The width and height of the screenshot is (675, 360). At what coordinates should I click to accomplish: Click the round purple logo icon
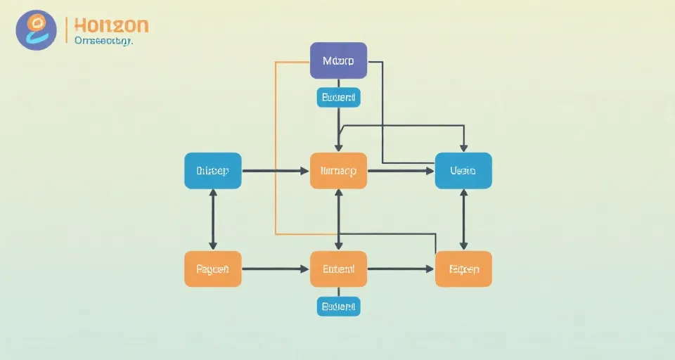click(36, 30)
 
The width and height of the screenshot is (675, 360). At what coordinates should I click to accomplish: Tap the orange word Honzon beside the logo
click(110, 25)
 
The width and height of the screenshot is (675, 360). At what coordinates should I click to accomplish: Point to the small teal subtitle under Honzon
click(103, 41)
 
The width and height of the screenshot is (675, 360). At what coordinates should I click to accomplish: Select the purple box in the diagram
click(338, 60)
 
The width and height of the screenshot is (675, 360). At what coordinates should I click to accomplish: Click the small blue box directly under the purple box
click(338, 97)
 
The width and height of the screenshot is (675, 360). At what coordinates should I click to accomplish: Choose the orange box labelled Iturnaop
click(338, 171)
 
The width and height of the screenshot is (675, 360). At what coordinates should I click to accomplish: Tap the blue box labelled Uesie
click(463, 171)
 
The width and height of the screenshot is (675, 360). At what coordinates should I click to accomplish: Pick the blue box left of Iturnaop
click(212, 171)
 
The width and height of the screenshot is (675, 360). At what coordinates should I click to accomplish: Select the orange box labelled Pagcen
click(212, 269)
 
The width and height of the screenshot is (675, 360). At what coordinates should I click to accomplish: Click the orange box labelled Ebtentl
click(338, 269)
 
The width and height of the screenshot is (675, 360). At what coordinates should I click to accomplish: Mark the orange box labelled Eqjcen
click(463, 269)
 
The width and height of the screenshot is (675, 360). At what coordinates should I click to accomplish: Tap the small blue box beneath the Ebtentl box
click(338, 306)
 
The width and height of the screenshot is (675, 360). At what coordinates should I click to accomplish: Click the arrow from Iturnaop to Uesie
click(401, 171)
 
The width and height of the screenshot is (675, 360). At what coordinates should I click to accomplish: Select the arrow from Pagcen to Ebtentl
click(276, 269)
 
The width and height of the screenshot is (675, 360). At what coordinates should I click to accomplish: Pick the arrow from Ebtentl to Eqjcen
click(401, 269)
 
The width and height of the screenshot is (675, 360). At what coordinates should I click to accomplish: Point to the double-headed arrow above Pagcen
click(212, 220)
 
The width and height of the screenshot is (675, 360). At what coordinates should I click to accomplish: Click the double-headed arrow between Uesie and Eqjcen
click(463, 220)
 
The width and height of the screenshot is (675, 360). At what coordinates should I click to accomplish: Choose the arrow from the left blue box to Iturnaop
click(276, 171)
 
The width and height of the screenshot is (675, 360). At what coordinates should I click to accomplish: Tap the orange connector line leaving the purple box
click(276, 141)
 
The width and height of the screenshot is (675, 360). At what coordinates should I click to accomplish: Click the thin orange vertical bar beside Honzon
click(66, 30)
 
